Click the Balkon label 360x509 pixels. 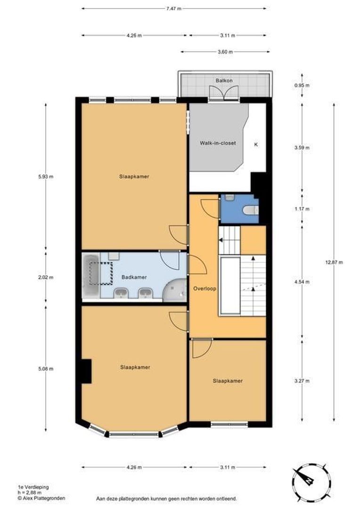[224, 81]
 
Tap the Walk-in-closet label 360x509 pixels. [218, 143]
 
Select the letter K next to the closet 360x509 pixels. [256, 144]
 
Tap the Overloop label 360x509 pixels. [205, 288]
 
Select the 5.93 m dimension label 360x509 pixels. [45, 177]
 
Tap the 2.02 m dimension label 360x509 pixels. [45, 277]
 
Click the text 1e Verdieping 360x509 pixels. [33, 487]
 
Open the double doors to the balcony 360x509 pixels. [224, 93]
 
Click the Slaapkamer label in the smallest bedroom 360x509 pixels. [228, 381]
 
